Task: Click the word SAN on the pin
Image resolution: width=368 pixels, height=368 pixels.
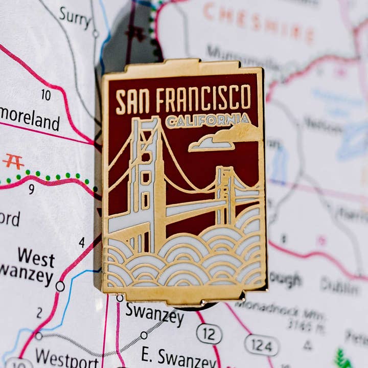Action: (132, 100)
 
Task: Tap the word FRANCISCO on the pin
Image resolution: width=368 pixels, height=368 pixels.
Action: (203, 98)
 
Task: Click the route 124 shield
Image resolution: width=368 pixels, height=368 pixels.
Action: (261, 346)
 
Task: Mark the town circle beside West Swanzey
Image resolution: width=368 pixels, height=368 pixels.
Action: (60, 286)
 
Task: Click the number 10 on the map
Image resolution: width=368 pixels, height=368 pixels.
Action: (46, 95)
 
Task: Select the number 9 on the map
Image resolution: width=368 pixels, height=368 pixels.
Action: (31, 189)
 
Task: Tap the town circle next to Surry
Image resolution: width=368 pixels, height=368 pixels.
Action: (96, 34)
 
